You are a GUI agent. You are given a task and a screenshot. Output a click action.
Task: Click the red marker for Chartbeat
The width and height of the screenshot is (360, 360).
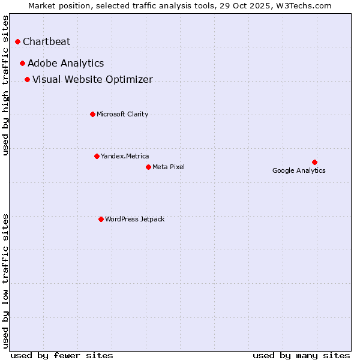tap(18, 42)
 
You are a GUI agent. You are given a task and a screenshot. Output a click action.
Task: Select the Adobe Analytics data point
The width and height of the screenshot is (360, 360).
tap(23, 64)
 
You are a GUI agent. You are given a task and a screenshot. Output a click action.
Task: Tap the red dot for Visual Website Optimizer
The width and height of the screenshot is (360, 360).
tap(28, 80)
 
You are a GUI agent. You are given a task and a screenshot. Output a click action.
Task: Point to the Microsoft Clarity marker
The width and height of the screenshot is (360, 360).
tap(92, 115)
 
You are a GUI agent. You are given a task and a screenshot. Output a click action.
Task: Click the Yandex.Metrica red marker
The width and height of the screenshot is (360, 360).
tap(97, 157)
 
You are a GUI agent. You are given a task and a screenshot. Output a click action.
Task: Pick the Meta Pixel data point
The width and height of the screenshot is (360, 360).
tap(148, 167)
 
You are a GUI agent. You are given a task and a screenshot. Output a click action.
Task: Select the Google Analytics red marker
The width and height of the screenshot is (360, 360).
tap(314, 163)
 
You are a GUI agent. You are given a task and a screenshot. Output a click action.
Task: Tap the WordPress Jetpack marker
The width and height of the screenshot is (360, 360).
tap(101, 220)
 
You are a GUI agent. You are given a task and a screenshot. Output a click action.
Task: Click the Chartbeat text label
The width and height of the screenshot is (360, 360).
tap(47, 42)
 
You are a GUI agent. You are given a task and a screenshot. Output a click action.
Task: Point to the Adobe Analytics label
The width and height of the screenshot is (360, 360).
tap(66, 64)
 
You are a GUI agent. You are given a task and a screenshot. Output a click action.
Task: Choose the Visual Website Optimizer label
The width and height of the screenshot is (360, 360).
tap(92, 80)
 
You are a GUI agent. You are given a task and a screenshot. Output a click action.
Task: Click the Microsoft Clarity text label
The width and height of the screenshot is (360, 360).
tap(122, 115)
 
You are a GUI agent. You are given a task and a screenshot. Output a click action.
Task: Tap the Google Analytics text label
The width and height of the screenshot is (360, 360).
tap(299, 171)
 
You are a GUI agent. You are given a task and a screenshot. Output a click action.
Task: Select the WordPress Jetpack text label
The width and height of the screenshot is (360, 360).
tap(134, 220)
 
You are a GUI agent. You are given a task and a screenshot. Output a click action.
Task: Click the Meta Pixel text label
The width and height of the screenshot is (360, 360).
tap(169, 167)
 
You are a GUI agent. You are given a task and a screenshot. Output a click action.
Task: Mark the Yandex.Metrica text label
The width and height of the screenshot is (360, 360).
tap(125, 157)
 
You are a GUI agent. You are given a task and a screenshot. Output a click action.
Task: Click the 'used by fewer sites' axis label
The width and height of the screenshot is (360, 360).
tap(62, 355)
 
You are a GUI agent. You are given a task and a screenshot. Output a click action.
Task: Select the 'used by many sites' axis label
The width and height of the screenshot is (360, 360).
tap(301, 355)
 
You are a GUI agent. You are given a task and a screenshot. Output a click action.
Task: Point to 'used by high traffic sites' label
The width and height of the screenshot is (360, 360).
tap(6, 85)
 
